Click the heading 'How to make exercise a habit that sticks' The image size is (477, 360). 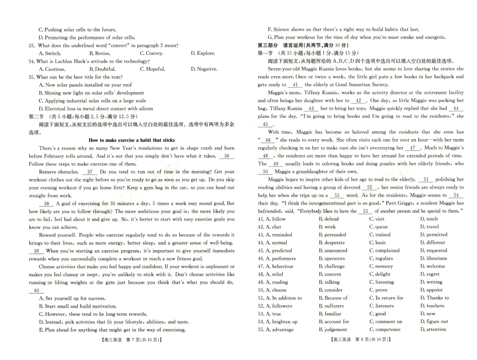[131, 140]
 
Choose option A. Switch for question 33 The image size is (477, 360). [50, 53]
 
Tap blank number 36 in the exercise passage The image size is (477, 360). [226, 156]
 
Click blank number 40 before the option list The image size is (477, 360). [37, 291]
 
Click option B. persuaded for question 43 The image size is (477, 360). [332, 235]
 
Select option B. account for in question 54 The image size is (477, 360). [334, 322]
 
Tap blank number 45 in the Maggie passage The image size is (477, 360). [266, 125]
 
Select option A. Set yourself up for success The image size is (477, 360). [72, 298]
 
